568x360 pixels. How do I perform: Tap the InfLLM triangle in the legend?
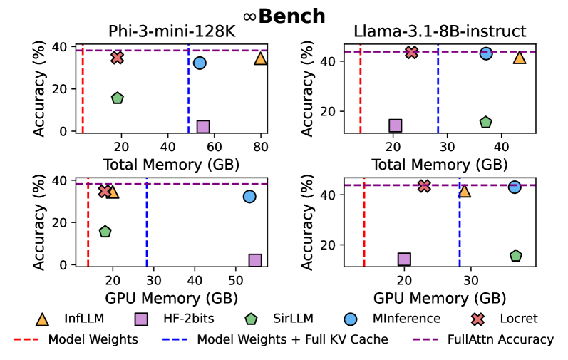coord(42,319)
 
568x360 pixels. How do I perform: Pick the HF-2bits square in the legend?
coord(141,319)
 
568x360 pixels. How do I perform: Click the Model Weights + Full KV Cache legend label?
coord(292,339)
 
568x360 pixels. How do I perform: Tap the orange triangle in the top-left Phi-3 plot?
coord(261,58)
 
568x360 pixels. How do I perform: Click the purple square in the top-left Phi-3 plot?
coord(203,127)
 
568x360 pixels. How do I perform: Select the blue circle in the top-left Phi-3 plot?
coord(200,63)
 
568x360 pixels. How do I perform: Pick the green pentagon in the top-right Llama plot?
coord(486,122)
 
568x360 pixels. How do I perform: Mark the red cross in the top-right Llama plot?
coord(411,52)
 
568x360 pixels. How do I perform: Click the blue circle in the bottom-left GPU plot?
coord(249,196)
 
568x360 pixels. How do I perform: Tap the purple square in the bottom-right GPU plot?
coord(404,259)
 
